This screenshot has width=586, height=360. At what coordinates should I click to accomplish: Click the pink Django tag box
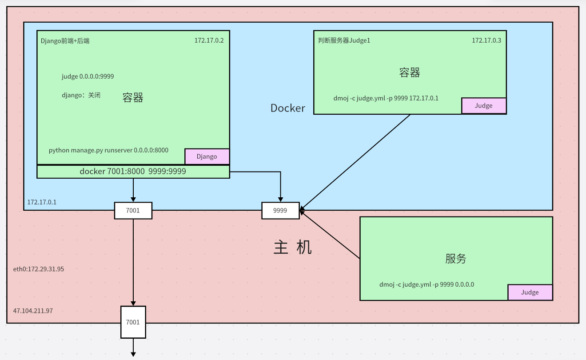tap(207, 156)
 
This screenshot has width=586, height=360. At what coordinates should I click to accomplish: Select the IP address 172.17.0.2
tap(209, 40)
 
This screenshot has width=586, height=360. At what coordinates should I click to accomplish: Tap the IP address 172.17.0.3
tap(486, 40)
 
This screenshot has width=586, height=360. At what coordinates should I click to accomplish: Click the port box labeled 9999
tap(280, 211)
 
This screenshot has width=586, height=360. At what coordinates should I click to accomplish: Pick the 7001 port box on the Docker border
tap(133, 211)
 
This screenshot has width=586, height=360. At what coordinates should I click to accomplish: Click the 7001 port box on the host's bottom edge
tap(133, 322)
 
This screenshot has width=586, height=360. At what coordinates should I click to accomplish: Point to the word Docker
tap(288, 108)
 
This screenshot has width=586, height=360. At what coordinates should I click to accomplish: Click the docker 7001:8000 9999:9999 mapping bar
tap(133, 172)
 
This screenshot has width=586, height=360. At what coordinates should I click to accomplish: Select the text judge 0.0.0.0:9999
tap(88, 76)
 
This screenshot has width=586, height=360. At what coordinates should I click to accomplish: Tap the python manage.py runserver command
tap(108, 150)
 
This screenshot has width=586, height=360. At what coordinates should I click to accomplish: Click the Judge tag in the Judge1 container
tap(484, 106)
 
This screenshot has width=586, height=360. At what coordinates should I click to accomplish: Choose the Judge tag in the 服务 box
tap(530, 292)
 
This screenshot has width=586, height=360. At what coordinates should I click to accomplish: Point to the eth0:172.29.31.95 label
tap(39, 269)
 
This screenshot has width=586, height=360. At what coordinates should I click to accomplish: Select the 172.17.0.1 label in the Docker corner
tap(42, 202)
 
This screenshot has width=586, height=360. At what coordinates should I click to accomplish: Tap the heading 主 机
tap(293, 248)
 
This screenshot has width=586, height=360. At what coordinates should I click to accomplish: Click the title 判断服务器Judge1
tap(344, 40)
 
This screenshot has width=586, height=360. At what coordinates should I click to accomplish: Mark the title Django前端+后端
tap(65, 40)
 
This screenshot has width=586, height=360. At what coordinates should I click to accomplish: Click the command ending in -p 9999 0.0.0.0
tap(427, 284)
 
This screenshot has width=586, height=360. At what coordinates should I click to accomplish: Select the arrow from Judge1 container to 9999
tap(355, 162)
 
